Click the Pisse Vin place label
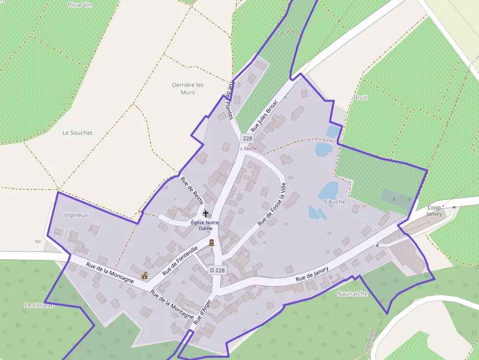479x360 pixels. tap(81, 4)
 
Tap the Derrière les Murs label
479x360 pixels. tap(188, 88)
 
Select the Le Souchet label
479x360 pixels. tap(77, 133)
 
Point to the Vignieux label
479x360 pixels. tap(76, 214)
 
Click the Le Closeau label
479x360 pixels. tap(40, 305)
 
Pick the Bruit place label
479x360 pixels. tap(360, 98)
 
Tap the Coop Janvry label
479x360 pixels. tap(434, 211)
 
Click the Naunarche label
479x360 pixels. tap(352, 294)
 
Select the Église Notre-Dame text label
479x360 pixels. tap(205, 225)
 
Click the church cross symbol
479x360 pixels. tap(206, 214)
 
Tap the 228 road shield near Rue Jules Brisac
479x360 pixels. tap(247, 138)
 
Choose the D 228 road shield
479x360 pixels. tap(217, 270)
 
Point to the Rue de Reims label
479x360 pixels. tap(192, 188)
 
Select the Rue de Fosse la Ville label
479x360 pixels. tap(272, 204)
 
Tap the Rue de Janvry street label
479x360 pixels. tap(312, 275)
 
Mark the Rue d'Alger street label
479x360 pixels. tap(204, 312)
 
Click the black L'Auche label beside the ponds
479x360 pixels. tap(335, 201)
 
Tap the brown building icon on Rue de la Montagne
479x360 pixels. tap(145, 275)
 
